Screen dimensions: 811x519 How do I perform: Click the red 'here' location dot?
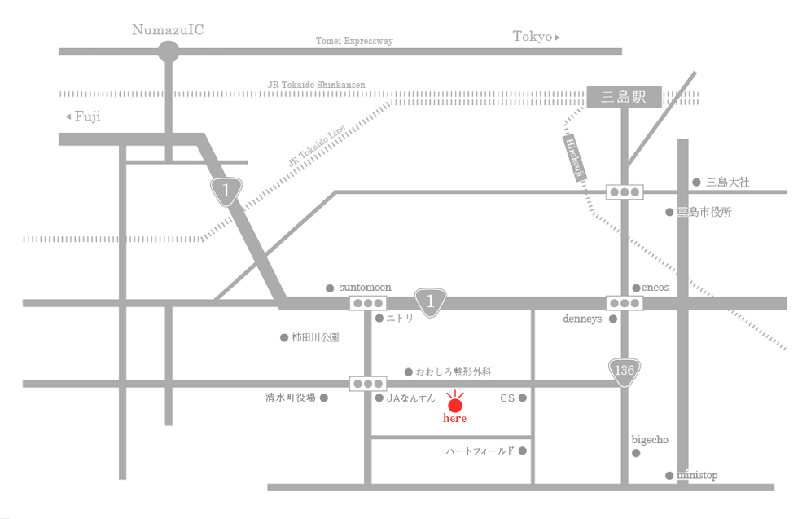pos(455,404)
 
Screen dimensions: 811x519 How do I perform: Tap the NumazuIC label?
pos(169,30)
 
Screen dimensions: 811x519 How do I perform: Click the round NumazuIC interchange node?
pos(169,52)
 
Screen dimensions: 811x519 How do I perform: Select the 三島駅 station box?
pos(623,98)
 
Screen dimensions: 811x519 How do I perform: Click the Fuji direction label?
pos(84,117)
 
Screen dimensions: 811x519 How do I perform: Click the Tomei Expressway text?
pos(354,41)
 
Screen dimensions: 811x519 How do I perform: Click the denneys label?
pos(582,319)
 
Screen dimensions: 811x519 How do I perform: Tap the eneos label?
pos(655,288)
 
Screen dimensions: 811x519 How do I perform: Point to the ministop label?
pos(697,475)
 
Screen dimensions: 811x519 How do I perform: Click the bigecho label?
pos(650,439)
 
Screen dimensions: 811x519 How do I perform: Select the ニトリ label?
pos(400,319)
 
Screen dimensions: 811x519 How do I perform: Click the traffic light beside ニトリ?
pos(368,303)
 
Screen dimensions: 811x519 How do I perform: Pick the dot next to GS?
pos(523,398)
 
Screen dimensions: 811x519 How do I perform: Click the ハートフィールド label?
pos(480,451)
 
